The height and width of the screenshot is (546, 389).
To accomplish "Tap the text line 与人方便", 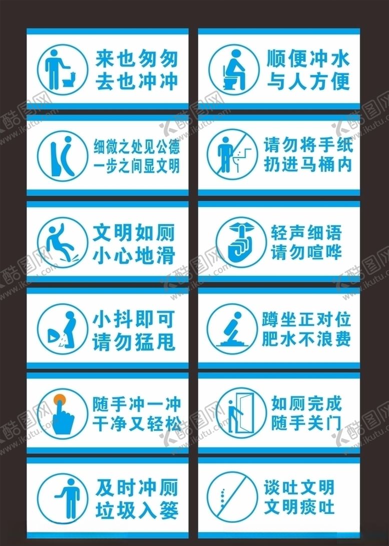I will (308, 81).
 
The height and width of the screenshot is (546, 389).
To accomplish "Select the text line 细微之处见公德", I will (136, 147).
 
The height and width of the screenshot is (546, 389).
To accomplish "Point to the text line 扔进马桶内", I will (308, 164).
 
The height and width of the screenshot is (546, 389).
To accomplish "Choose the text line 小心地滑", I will (134, 255).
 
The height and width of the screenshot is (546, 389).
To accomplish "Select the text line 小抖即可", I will (134, 318).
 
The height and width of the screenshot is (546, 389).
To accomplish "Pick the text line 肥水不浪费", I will (306, 339).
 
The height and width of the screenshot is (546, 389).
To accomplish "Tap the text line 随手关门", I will (306, 423).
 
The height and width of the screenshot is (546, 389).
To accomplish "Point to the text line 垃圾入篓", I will (136, 509).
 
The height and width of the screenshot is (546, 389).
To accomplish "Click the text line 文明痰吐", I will (299, 507).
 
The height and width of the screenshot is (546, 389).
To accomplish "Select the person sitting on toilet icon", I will (232, 71).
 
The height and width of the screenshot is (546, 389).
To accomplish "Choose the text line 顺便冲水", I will (308, 59).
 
